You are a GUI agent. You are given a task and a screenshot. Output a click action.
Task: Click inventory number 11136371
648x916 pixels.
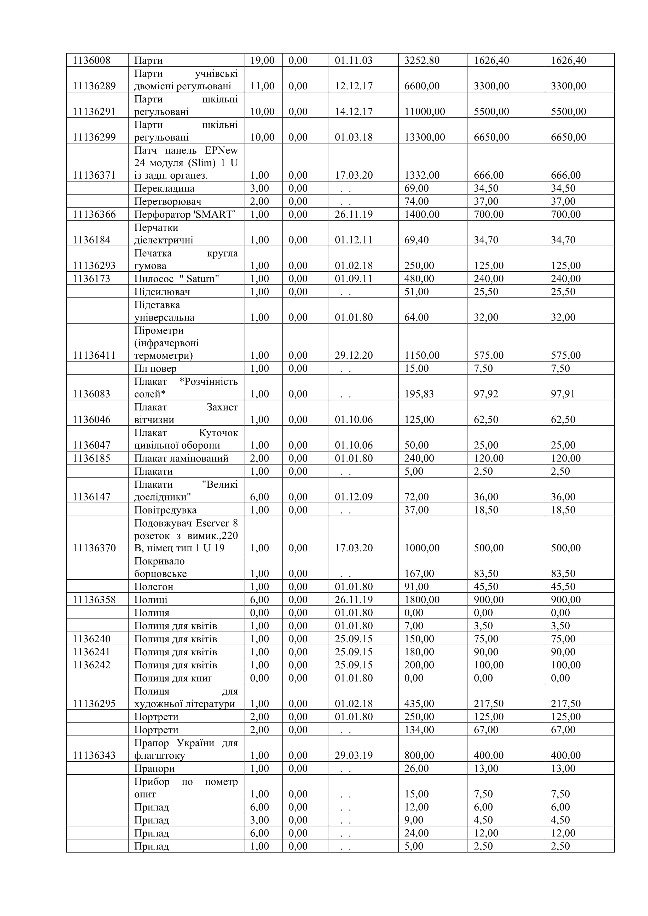pyautogui.click(x=94, y=176)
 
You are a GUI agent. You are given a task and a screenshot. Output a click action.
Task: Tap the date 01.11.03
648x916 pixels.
pyautogui.click(x=354, y=61)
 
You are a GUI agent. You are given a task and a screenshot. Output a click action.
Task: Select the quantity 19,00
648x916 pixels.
pyautogui.click(x=262, y=61)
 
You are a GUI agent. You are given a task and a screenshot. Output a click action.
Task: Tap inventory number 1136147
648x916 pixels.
pyautogui.click(x=91, y=497)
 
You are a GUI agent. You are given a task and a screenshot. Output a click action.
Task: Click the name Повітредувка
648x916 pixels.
pyautogui.click(x=165, y=510)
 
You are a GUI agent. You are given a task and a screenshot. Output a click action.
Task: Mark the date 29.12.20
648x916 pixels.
pyautogui.click(x=354, y=355)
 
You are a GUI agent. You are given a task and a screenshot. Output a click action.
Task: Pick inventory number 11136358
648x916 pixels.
pyautogui.click(x=94, y=600)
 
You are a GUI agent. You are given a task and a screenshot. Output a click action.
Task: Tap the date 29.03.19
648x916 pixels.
pyautogui.click(x=354, y=756)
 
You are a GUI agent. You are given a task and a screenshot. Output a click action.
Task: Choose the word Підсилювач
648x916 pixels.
pyautogui.click(x=162, y=292)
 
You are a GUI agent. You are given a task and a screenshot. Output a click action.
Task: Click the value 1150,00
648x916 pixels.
pyautogui.click(x=422, y=355)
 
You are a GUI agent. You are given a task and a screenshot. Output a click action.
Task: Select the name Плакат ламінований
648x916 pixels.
pyautogui.click(x=181, y=458)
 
